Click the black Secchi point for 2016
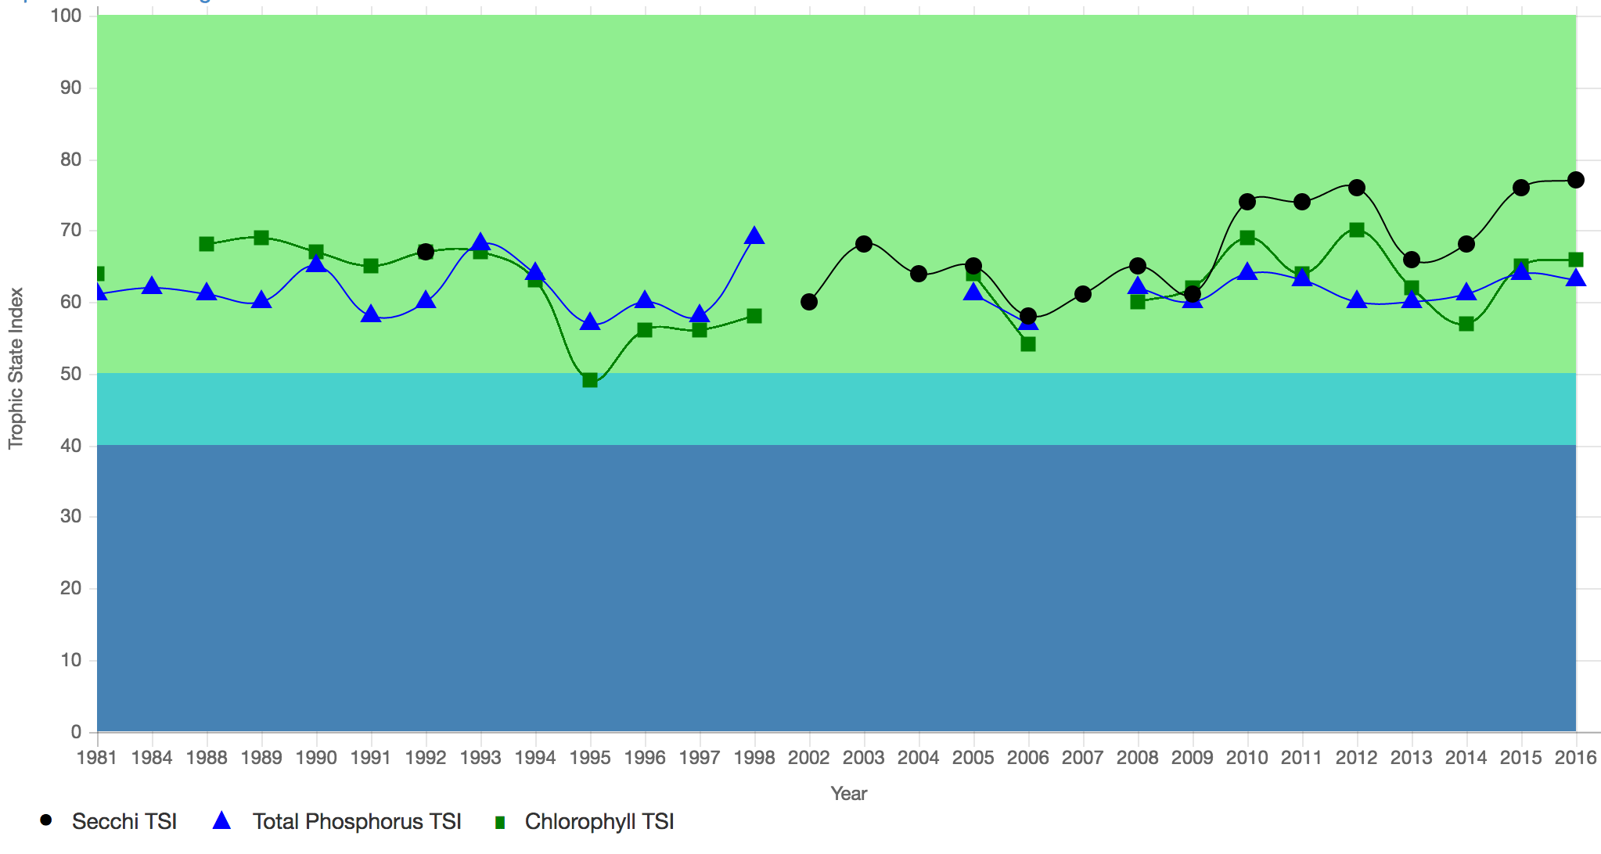(1576, 180)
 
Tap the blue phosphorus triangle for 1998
(754, 235)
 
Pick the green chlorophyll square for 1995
(590, 380)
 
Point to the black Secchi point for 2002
(809, 302)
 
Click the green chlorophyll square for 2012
(1357, 230)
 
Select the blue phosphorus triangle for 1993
(480, 242)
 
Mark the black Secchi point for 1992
(426, 252)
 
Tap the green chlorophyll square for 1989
(261, 238)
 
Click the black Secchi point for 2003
(864, 244)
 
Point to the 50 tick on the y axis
(71, 374)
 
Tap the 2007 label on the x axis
(1083, 757)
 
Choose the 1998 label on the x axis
(754, 757)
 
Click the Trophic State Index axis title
(16, 368)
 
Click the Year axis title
(848, 794)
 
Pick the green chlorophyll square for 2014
(1466, 324)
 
